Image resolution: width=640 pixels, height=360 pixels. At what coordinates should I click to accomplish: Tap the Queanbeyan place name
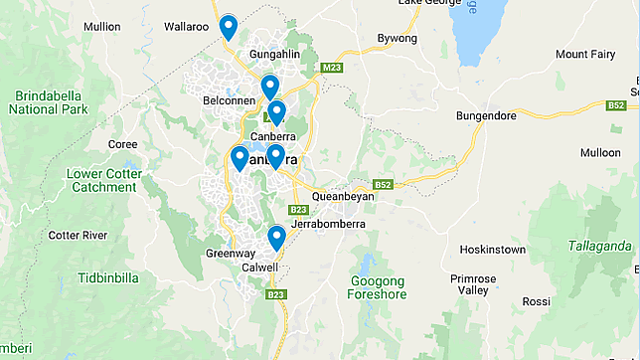click(343, 197)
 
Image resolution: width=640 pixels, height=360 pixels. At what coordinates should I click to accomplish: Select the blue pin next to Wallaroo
click(229, 27)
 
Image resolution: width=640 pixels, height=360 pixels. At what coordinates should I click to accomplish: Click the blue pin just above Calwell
click(276, 238)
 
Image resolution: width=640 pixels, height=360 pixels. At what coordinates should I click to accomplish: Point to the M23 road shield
click(331, 68)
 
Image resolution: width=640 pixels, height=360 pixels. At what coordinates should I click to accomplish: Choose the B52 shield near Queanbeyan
click(384, 185)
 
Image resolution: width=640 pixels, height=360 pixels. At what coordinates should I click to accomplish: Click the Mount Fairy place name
click(586, 54)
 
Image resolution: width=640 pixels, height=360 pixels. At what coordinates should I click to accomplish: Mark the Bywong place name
click(398, 39)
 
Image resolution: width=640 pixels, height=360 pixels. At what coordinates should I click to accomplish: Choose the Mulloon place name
click(599, 152)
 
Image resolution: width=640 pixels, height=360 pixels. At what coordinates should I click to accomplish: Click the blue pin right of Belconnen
click(269, 88)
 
